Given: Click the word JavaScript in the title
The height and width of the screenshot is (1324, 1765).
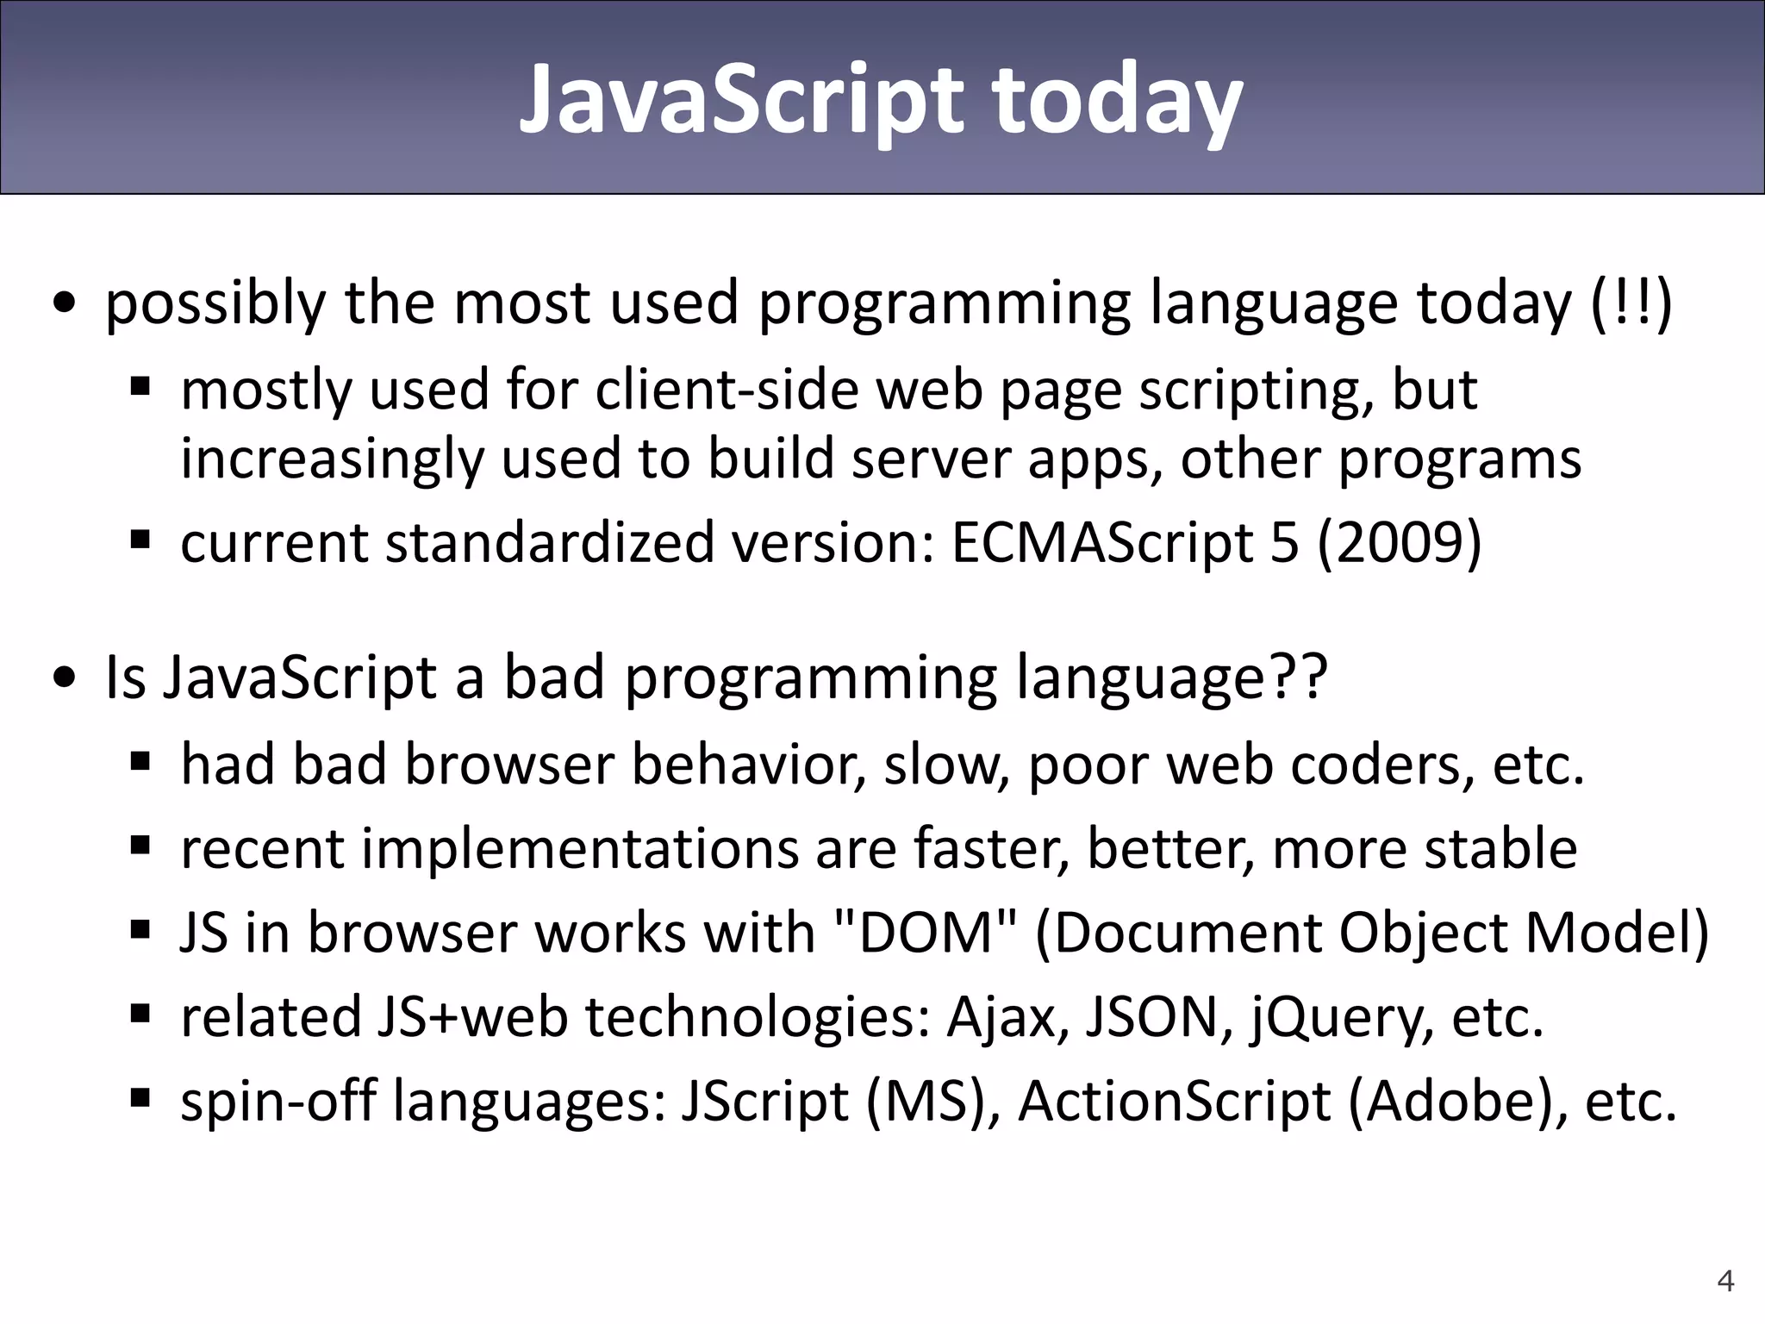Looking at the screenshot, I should click(741, 101).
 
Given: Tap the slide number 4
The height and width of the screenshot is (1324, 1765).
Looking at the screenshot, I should click(1725, 1281).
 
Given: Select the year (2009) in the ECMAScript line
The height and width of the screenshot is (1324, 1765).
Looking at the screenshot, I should click(1399, 543).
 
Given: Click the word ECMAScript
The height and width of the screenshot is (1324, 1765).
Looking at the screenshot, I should click(1101, 543).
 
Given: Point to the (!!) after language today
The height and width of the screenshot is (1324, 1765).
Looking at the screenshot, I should click(1631, 303).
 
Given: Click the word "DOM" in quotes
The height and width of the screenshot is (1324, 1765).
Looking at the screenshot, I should click(926, 933).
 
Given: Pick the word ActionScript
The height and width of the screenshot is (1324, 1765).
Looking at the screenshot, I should click(1174, 1102).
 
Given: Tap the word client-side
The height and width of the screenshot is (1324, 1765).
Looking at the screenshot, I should click(727, 390).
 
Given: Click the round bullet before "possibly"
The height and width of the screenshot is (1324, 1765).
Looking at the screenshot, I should click(64, 304).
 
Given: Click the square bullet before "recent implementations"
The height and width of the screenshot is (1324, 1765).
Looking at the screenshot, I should click(140, 846).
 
